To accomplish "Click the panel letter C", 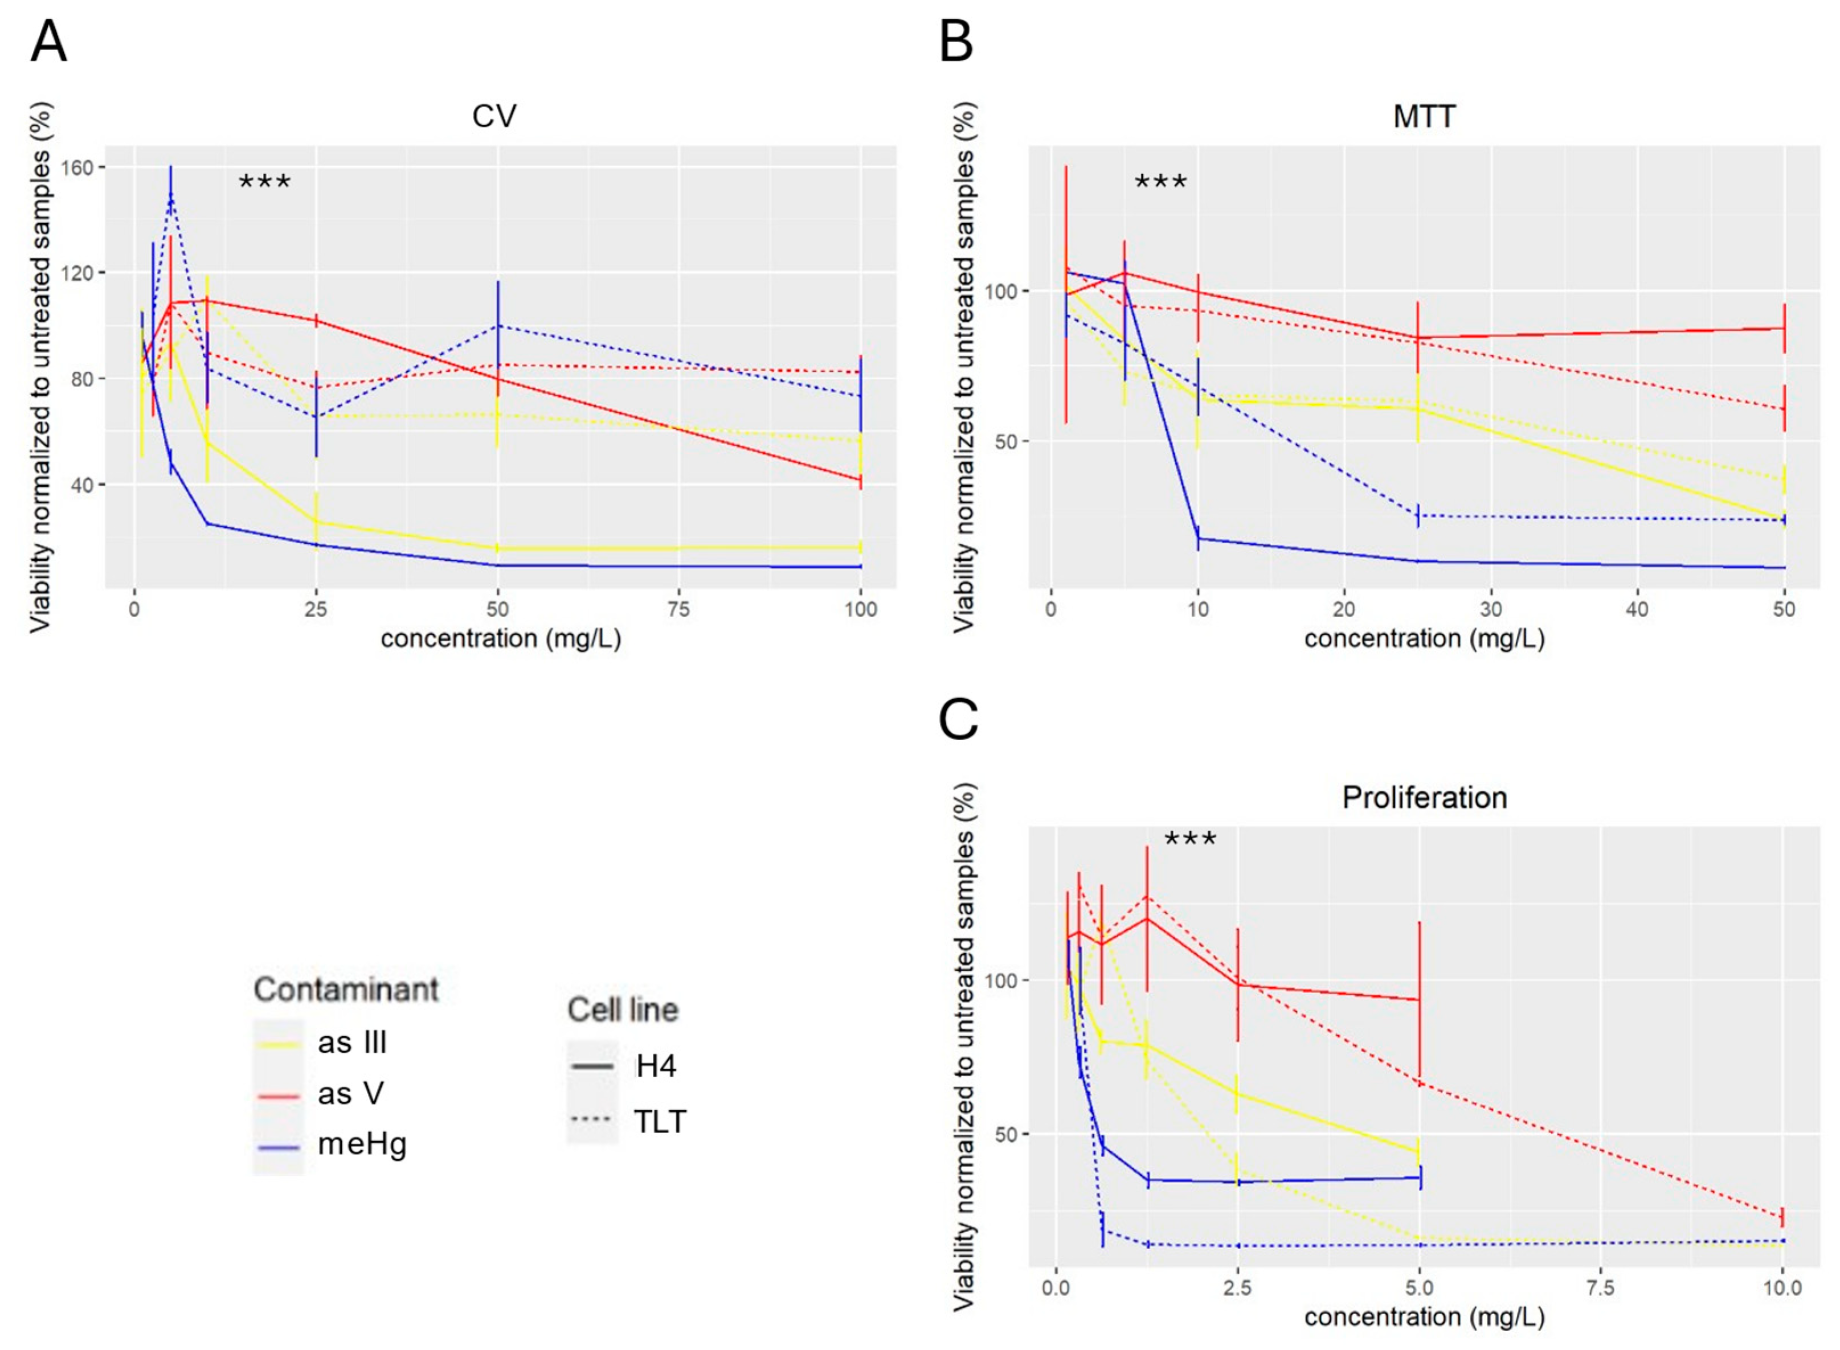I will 958,720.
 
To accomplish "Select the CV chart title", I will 494,116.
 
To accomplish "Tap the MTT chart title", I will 1424,116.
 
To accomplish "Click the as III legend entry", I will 351,1043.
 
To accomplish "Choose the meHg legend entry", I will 361,1144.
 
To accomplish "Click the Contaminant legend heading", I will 346,990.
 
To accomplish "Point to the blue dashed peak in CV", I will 171,196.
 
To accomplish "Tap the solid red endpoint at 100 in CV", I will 860,481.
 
